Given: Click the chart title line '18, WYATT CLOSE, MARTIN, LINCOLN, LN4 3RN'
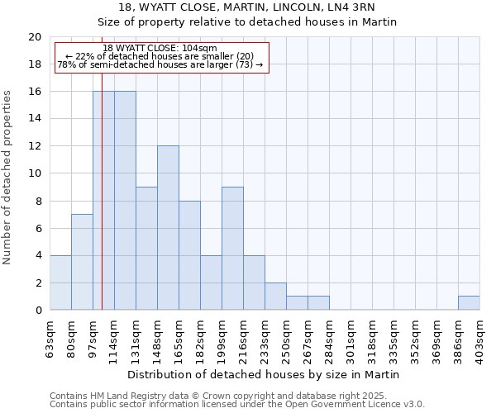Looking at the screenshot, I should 247,8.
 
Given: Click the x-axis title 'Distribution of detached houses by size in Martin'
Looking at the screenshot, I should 265,374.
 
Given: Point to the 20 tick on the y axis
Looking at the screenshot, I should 35,37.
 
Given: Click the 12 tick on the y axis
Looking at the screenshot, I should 35,146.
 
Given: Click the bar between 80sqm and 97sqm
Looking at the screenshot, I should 82,262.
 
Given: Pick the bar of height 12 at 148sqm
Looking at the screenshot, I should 168,228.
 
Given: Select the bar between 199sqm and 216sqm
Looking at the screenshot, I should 232,249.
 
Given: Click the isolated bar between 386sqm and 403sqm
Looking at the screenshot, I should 469,303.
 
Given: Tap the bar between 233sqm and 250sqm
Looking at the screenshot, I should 275,297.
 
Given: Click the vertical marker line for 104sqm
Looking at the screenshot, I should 102,206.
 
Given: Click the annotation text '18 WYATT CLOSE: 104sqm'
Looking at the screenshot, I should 160,48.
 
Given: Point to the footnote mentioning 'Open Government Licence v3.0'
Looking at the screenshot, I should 237,405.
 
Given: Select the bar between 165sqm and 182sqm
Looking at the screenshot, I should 189,255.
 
